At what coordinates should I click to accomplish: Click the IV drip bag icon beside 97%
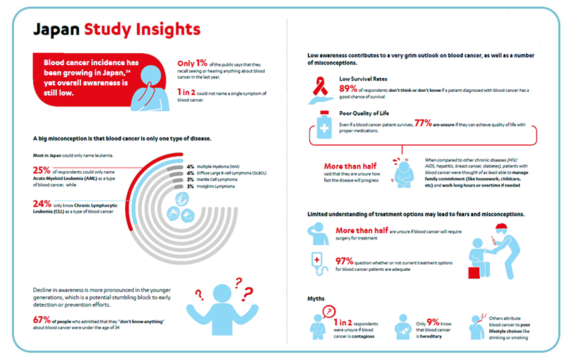[317, 262]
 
